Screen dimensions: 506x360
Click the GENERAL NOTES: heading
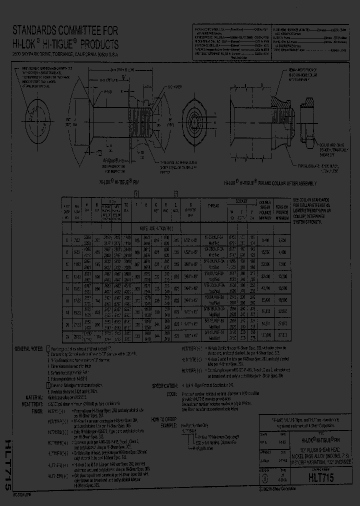[29, 348]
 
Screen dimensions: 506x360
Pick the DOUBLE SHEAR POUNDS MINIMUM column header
[265, 207]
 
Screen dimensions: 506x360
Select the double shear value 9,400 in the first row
[265, 239]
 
